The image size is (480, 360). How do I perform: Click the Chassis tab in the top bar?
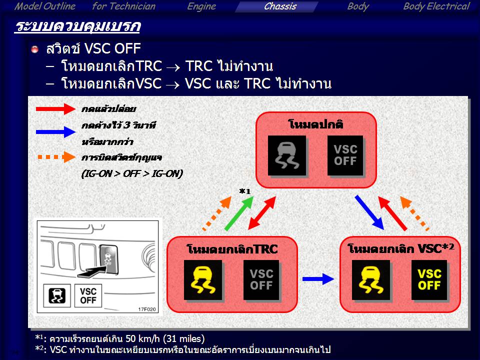(x=280, y=6)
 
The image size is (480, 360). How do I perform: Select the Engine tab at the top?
(x=201, y=6)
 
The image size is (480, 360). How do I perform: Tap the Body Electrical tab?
(x=436, y=6)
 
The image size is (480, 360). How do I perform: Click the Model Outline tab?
(x=45, y=6)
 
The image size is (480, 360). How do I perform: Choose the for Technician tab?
(x=123, y=6)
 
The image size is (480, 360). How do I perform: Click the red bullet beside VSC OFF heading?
(x=35, y=49)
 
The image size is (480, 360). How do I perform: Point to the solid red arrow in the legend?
(x=55, y=109)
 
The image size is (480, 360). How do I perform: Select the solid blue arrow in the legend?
(x=55, y=132)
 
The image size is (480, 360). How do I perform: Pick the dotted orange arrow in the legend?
(x=56, y=157)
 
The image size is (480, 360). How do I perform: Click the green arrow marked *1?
(x=239, y=213)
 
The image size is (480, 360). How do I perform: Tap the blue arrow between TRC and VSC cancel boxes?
(x=318, y=279)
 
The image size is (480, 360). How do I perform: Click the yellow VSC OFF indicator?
(x=429, y=280)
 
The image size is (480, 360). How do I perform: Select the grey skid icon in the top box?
(x=287, y=155)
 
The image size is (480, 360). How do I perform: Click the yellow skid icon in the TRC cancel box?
(x=203, y=280)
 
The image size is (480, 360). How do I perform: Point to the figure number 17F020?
(x=147, y=309)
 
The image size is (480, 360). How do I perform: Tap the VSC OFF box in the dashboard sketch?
(x=88, y=295)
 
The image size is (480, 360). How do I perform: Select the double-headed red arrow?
(x=262, y=213)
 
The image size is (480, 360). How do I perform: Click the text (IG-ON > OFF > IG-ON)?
(x=132, y=173)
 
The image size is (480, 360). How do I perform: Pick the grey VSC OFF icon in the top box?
(x=345, y=155)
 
